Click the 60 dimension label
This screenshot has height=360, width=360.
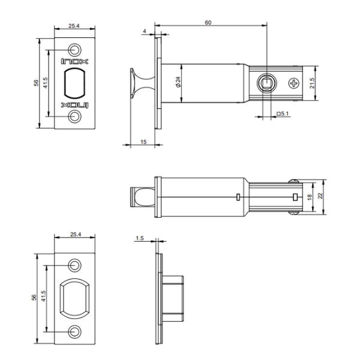pyautogui.click(x=208, y=22)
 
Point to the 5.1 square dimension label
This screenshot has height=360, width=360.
pyautogui.click(x=283, y=113)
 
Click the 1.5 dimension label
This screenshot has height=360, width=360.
pyautogui.click(x=140, y=238)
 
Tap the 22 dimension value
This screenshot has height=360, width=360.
pyautogui.click(x=321, y=196)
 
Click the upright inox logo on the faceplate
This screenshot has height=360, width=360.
pyautogui.click(x=75, y=61)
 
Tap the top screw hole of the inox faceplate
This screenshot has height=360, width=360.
pyautogui.click(x=75, y=48)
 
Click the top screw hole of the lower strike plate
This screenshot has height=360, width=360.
pyautogui.click(x=75, y=264)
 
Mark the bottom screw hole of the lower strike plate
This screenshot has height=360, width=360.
pyautogui.click(x=75, y=331)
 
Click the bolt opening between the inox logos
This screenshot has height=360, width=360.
pyautogui.click(x=75, y=83)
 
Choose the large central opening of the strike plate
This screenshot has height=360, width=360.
pyautogui.click(x=75, y=298)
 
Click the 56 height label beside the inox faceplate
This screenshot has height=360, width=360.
pyautogui.click(x=35, y=82)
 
